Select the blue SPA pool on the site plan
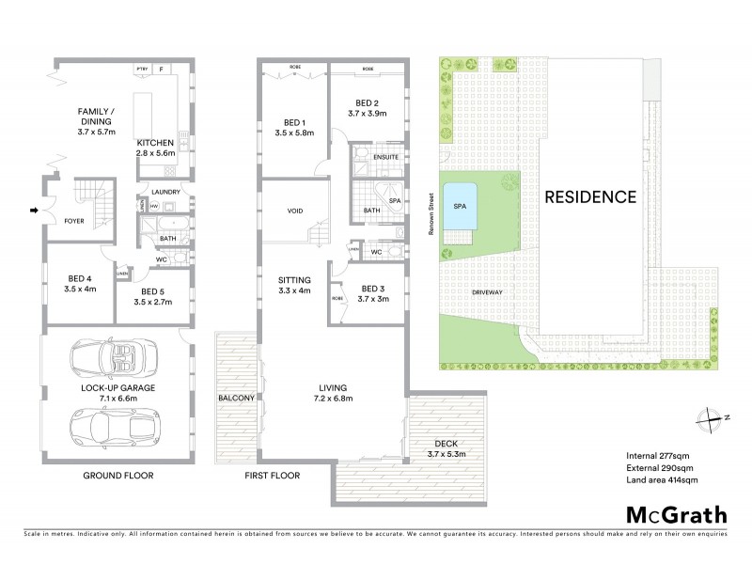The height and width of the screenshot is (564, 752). pos(461,211)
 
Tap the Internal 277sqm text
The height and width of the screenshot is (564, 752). pos(656,453)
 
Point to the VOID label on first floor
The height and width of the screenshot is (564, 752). pos(294,211)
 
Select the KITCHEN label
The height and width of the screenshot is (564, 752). pos(154,142)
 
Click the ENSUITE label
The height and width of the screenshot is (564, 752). pos(386,156)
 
